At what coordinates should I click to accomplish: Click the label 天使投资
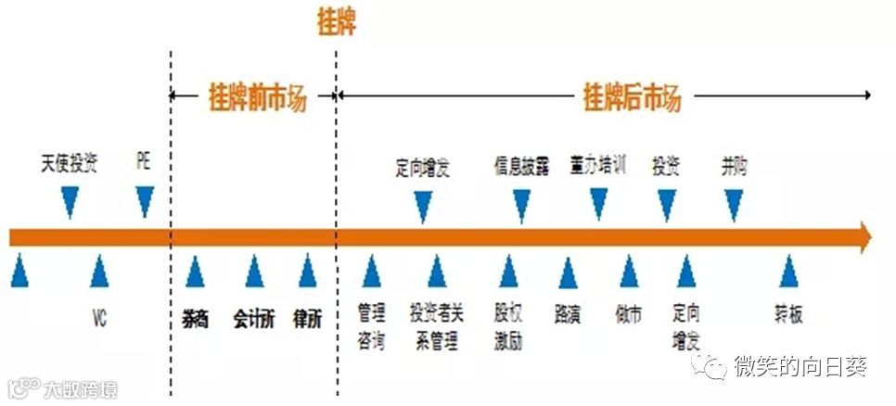point(70,163)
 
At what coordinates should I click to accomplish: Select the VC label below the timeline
point(99,318)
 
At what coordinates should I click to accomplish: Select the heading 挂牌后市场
point(631,96)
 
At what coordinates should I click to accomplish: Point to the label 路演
point(567,316)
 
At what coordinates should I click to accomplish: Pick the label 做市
point(628,316)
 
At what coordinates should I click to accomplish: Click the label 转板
point(788,316)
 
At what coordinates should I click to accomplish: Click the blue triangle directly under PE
point(144,200)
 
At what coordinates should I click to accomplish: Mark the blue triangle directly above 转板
point(788,272)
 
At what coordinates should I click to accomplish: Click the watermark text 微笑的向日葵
point(800,367)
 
